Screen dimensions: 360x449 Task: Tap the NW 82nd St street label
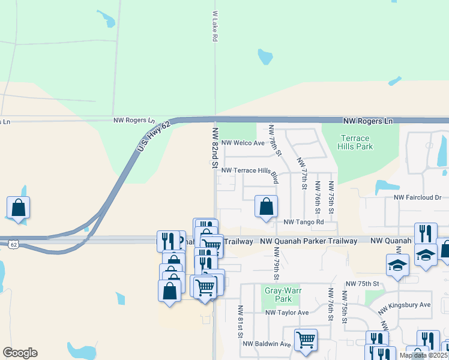coord(214,146)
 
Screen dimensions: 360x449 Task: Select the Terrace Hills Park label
coord(357,142)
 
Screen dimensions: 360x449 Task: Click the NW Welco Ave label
coord(243,143)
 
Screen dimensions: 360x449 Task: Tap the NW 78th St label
coord(275,140)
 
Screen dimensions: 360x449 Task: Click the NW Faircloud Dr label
coord(417,197)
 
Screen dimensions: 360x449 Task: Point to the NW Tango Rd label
coord(303,222)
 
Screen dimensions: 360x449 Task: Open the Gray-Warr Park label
coord(279,295)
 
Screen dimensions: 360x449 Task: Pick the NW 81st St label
coord(240,320)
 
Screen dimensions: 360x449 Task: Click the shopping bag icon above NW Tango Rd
coord(266,206)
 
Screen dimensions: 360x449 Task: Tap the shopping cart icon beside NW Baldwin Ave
coord(306,340)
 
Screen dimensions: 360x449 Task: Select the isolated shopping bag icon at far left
coord(19,208)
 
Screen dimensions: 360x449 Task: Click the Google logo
coord(20,353)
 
